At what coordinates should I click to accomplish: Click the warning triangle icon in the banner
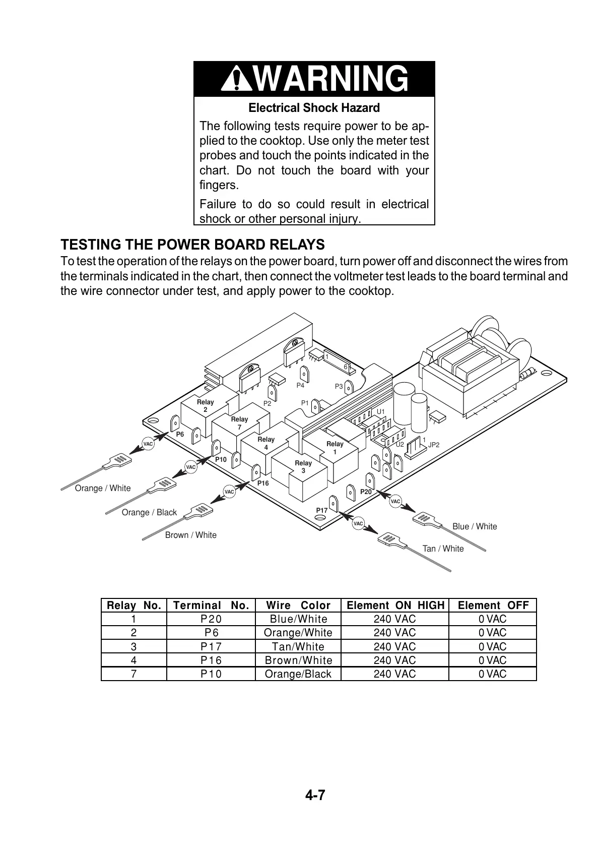pos(235,79)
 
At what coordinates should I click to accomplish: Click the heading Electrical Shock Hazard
pos(314,108)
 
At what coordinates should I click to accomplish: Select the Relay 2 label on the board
pos(205,406)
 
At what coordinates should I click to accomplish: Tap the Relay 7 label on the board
pos(239,423)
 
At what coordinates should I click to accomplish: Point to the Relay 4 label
pos(266,443)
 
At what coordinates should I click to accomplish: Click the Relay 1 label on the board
pos(335,448)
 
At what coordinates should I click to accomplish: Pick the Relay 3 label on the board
pos(303,466)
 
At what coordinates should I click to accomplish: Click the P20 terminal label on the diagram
pos(366,492)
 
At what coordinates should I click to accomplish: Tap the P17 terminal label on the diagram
pos(322,510)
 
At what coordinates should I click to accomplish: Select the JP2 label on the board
pos(434,445)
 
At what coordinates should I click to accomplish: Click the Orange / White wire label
pos(103,488)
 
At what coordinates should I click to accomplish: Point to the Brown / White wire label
pos(191,535)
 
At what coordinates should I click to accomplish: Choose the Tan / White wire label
pos(443,549)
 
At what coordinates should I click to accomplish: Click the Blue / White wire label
pos(475,526)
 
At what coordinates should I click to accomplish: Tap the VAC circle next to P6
pos(148,444)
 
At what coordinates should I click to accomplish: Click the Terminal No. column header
pos(211,605)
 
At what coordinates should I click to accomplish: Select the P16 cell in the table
pos(211,660)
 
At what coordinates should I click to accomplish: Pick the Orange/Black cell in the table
pos(298,674)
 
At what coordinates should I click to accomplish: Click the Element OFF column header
pos(493,605)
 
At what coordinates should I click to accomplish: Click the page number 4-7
pos(315,796)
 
